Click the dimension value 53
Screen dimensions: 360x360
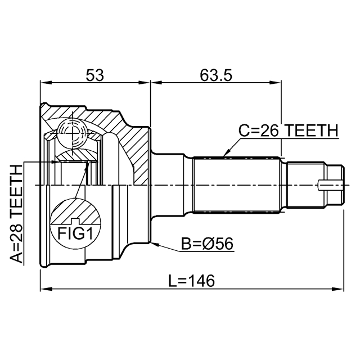pyautogui.click(x=94, y=75)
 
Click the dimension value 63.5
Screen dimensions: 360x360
pyautogui.click(x=216, y=75)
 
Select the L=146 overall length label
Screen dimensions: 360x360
pyautogui.click(x=192, y=281)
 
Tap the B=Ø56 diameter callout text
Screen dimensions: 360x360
pyautogui.click(x=207, y=244)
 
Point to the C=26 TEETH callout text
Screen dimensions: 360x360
pyautogui.click(x=289, y=130)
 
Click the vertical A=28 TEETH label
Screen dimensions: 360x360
pyautogui.click(x=16, y=214)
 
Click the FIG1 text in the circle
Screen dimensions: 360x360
pyautogui.click(x=75, y=233)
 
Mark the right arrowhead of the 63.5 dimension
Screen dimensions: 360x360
pyautogui.click(x=275, y=83)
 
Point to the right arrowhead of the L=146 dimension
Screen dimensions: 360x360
pyautogui.click(x=338, y=289)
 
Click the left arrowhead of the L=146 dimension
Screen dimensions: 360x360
pyautogui.click(x=46, y=289)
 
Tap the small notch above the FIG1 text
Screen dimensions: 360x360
pyautogui.click(x=75, y=221)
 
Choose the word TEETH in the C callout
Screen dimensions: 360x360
pyautogui.click(x=313, y=130)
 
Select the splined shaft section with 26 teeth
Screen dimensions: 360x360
pyautogui.click(x=237, y=185)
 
